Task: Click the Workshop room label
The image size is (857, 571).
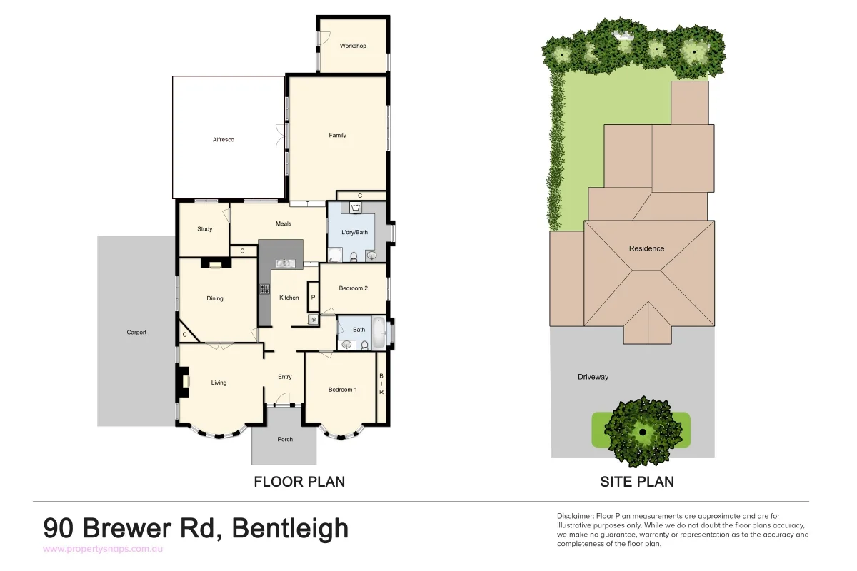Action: click(353, 46)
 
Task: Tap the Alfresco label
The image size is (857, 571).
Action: click(224, 140)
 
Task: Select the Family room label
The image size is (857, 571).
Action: click(337, 135)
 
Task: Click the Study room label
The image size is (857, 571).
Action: click(205, 229)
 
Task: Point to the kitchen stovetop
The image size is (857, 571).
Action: click(264, 289)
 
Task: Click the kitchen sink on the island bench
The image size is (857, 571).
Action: click(284, 263)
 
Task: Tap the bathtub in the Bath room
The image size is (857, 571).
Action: click(380, 333)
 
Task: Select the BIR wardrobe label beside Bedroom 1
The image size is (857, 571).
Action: click(381, 384)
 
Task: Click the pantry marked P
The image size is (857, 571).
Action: click(313, 296)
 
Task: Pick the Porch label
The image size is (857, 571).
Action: click(284, 439)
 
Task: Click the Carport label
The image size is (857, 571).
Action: click(136, 333)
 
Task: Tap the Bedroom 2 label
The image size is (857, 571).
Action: click(353, 288)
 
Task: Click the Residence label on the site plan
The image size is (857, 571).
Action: click(646, 248)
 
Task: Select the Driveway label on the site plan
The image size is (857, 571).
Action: click(593, 377)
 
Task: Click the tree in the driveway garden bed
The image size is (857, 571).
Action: click(641, 431)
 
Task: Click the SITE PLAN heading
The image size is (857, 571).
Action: click(636, 482)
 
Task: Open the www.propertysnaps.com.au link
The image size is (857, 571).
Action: click(104, 549)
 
